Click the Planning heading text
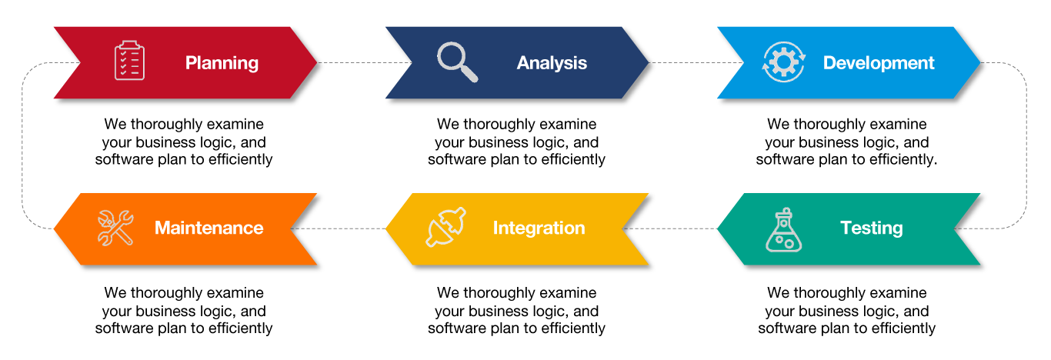coord(222,63)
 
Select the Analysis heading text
coord(552,63)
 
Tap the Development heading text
coord(879,63)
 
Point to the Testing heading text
coord(871,228)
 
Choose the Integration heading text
coord(539,228)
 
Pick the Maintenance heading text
coord(209,228)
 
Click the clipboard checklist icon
coord(129,60)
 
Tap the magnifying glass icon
coord(457,61)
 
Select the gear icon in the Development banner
coord(783,62)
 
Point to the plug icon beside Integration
coord(446,228)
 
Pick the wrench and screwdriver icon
coord(115,228)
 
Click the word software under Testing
coord(787,328)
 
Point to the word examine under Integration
coord(569,293)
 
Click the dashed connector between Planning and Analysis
coord(351,63)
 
